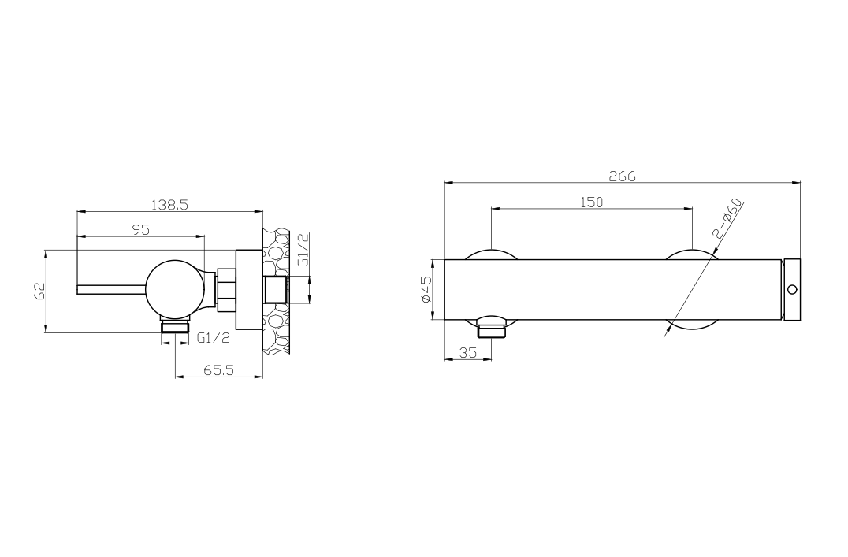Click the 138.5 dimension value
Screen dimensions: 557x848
[x=169, y=204]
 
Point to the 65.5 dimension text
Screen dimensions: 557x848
[x=218, y=369]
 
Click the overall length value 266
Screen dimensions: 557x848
[x=622, y=176]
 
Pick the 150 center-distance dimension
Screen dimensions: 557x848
[x=591, y=202]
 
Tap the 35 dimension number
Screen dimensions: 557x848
[x=468, y=353]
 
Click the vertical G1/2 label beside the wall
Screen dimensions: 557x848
[x=303, y=250]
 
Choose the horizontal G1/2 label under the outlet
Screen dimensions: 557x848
[x=213, y=337]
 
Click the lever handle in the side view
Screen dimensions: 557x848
[x=110, y=288]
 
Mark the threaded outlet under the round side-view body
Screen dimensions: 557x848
[x=175, y=326]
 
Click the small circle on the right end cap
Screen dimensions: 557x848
[x=792, y=289]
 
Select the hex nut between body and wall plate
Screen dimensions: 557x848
[x=226, y=288]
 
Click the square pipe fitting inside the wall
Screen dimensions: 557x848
[x=275, y=289]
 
